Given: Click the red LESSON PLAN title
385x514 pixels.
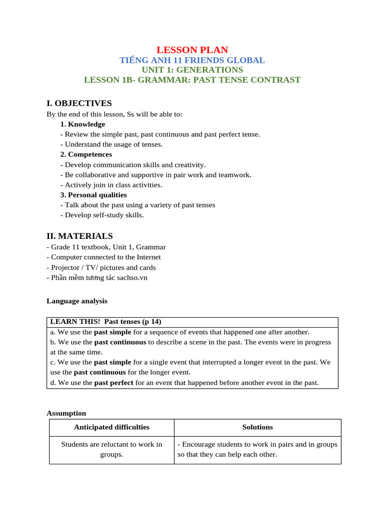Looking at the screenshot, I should tap(192, 50).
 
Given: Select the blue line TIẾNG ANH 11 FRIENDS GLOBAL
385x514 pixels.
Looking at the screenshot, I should tap(192, 60).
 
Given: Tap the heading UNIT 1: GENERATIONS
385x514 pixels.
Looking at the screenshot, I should tap(192, 70).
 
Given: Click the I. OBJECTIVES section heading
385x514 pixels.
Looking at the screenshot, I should tap(79, 103).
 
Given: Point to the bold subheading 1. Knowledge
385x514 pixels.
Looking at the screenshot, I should tap(83, 124).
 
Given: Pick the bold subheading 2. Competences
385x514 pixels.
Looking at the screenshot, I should tap(86, 154).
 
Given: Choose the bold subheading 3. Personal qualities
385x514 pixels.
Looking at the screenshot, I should tap(93, 195).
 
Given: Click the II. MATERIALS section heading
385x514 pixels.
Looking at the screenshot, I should tap(80, 236).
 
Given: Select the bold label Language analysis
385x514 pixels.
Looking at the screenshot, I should tap(77, 301).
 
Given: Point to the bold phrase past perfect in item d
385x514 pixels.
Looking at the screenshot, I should tap(114, 382).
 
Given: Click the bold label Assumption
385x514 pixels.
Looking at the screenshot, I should tap(66, 413).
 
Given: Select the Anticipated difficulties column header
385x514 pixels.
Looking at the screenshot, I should tap(112, 427).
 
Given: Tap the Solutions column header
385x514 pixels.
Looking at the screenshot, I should tap(258, 427).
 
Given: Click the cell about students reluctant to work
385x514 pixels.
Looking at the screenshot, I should tap(112, 449).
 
